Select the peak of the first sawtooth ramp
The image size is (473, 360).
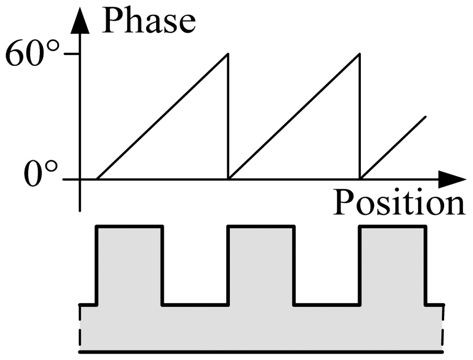228,54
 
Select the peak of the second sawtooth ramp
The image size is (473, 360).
360,54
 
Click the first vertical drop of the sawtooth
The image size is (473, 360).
228,118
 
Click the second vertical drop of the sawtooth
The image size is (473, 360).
360,118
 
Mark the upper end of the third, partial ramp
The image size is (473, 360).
426,116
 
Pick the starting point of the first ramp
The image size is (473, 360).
97,179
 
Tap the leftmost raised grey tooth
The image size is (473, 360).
130,265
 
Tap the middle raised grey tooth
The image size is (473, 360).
261,265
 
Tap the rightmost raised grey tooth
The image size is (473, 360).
393,265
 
